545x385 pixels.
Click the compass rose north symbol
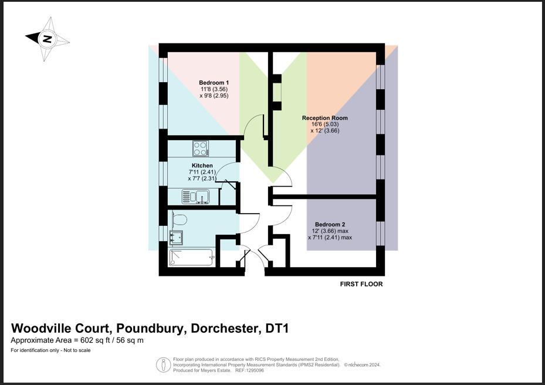pyautogui.click(x=48, y=39)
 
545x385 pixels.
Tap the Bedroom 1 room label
pyautogui.click(x=214, y=82)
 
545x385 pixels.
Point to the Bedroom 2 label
pyautogui.click(x=330, y=224)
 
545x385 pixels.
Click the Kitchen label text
pyautogui.click(x=202, y=166)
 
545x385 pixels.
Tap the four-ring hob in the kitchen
pyautogui.click(x=200, y=146)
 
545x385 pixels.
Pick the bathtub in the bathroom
pyautogui.click(x=191, y=257)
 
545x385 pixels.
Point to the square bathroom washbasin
pyautogui.click(x=175, y=237)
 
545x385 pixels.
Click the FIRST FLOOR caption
pyautogui.click(x=361, y=284)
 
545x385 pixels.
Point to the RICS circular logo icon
pyautogui.click(x=163, y=364)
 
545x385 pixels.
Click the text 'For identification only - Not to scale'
pyautogui.click(x=50, y=350)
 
